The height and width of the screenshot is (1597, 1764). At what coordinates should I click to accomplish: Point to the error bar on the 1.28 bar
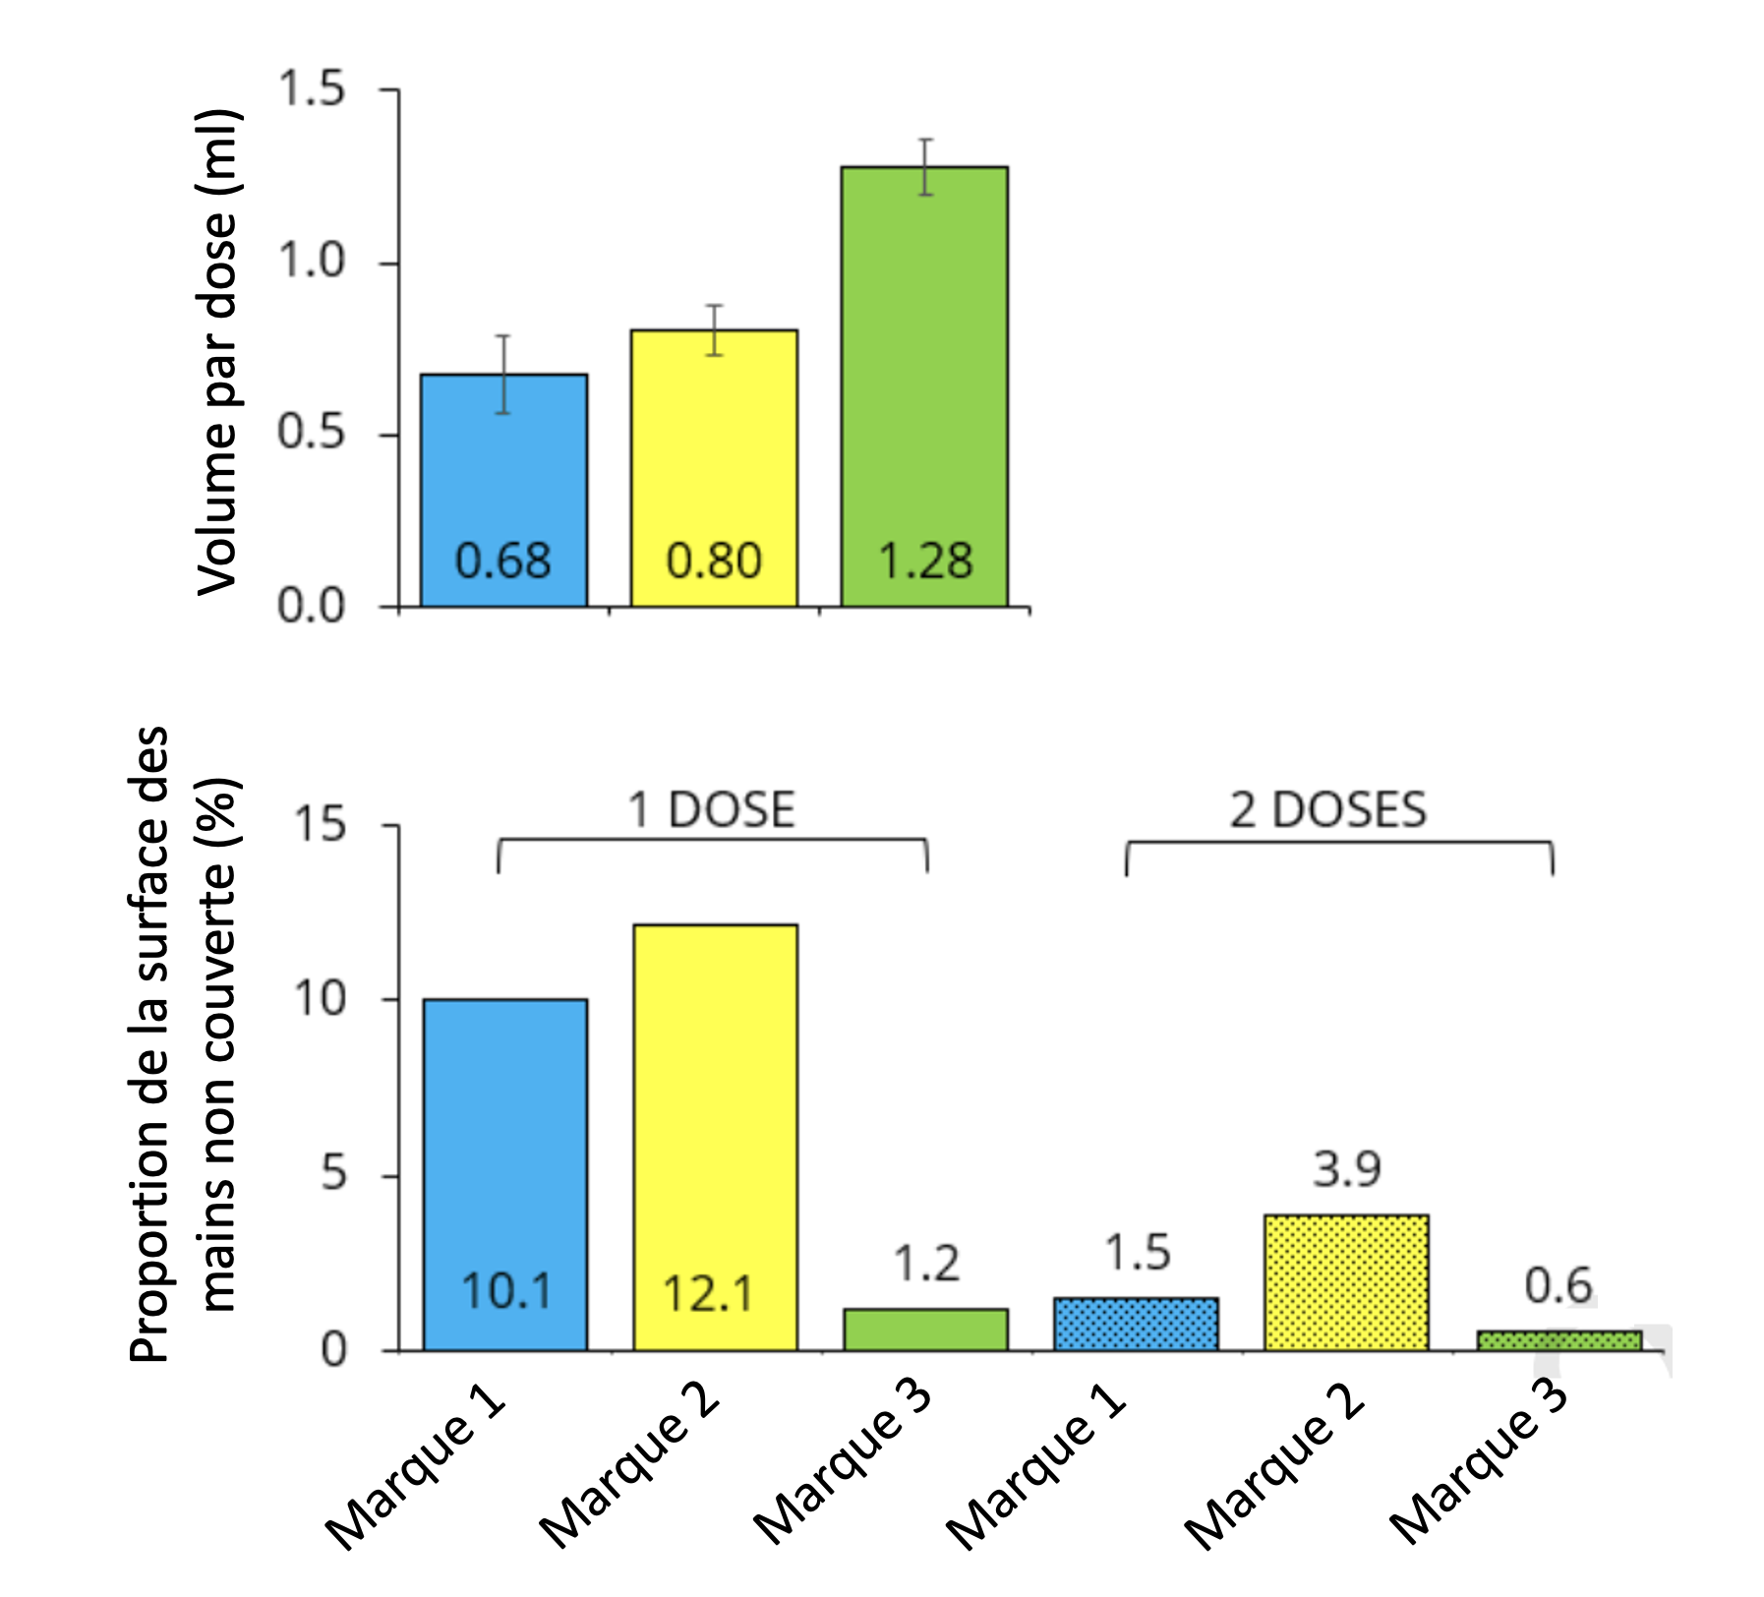925,167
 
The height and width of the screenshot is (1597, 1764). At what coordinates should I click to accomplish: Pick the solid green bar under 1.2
925,1330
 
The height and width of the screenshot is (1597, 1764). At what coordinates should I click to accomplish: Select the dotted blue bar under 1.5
1136,1324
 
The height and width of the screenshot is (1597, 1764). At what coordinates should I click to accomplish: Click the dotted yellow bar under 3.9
1346,1282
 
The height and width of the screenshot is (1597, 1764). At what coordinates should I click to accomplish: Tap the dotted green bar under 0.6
1558,1340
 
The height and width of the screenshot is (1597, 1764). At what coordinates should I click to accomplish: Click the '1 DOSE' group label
711,811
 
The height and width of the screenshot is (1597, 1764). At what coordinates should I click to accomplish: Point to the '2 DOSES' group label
1327,811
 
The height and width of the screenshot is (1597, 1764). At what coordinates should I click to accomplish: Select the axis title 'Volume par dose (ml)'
217,351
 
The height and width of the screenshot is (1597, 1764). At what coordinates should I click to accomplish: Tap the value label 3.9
1347,1169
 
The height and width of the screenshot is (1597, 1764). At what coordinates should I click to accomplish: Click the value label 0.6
1558,1286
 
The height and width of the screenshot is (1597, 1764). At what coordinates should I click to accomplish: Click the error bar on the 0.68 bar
503,375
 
